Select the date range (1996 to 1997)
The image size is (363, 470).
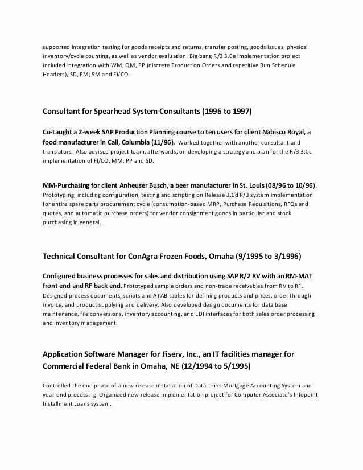[x=222, y=110]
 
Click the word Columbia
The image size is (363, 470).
[x=130, y=142]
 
